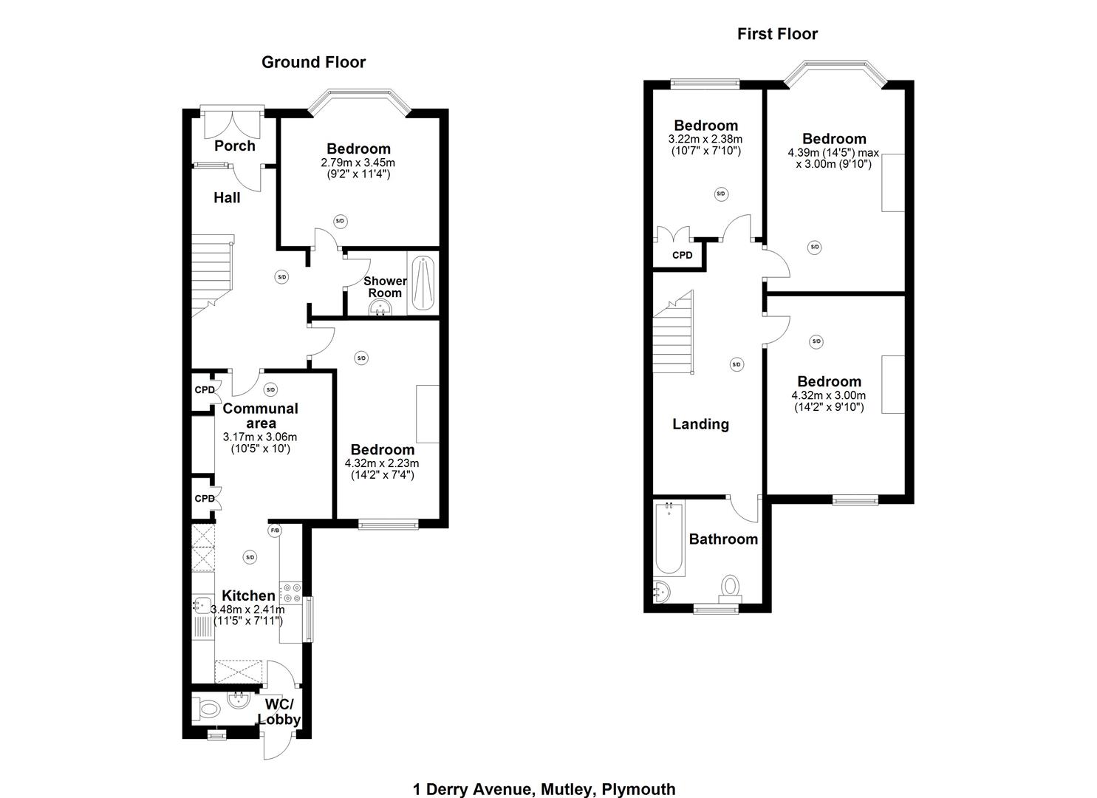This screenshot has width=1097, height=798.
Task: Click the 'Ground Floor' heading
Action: (313, 62)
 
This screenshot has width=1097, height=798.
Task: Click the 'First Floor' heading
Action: (777, 34)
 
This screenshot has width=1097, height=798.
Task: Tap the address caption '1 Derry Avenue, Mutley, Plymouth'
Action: (544, 789)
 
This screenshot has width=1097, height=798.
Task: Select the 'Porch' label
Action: (235, 146)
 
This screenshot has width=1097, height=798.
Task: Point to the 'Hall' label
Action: (227, 197)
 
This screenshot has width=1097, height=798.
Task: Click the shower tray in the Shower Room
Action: (423, 282)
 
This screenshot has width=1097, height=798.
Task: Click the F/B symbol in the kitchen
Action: (275, 531)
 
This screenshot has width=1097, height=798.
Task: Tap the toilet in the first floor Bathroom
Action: (731, 588)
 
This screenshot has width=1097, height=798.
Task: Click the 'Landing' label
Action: (700, 424)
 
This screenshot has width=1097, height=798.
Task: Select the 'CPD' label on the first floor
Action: (682, 256)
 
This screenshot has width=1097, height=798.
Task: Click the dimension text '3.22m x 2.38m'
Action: (705, 139)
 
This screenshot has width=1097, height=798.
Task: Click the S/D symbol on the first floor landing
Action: (737, 364)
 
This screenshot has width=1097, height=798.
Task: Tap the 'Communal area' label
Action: (260, 416)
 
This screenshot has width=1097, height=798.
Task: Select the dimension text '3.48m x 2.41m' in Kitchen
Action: (247, 610)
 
